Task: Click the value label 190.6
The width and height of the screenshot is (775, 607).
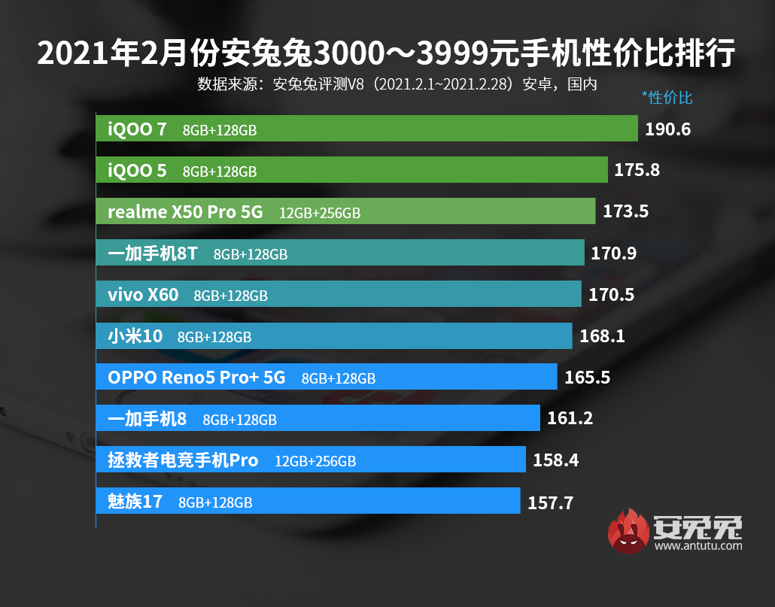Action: (667, 129)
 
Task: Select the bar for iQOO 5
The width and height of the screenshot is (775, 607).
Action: (451, 170)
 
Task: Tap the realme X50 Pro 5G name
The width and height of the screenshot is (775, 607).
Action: (185, 212)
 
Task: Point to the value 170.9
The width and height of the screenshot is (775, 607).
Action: (613, 253)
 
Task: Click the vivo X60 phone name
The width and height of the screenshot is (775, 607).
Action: (143, 295)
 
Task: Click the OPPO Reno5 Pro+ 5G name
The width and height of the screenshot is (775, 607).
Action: (196, 378)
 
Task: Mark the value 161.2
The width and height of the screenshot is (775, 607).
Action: (570, 418)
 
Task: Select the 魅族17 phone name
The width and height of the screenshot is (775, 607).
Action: (135, 501)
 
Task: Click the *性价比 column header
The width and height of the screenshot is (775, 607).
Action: (667, 98)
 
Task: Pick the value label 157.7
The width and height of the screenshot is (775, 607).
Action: (550, 502)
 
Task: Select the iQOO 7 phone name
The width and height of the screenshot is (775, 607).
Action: (137, 129)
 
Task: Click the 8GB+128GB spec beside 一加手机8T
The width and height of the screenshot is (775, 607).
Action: (251, 254)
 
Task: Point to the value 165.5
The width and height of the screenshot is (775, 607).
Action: (587, 378)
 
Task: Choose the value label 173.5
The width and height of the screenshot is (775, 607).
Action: (625, 212)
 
